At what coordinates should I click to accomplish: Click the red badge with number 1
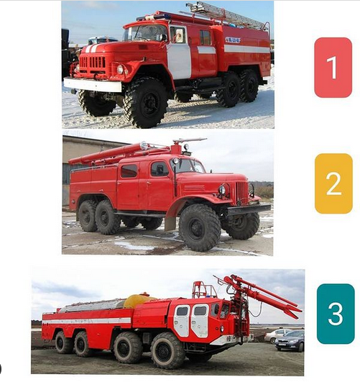click(x=333, y=68)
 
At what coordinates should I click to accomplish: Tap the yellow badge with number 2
click(x=333, y=183)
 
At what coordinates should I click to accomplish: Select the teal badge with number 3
click(x=335, y=314)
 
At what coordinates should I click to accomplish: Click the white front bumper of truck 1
click(x=93, y=85)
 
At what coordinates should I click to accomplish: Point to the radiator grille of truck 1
click(x=92, y=63)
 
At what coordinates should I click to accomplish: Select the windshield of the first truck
click(x=146, y=33)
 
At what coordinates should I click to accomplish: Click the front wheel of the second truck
click(x=200, y=227)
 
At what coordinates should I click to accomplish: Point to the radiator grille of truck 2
click(x=241, y=193)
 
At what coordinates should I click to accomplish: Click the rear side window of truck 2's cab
click(x=129, y=170)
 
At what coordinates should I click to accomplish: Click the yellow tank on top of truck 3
click(x=139, y=300)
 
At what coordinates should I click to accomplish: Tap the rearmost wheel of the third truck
click(x=64, y=342)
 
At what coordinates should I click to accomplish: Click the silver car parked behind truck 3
click(x=277, y=335)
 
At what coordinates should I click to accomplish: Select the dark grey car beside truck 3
click(x=290, y=340)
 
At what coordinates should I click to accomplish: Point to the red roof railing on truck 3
click(x=204, y=289)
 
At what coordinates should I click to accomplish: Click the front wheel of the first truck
click(x=146, y=103)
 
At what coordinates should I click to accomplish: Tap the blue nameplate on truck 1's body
click(x=233, y=40)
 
